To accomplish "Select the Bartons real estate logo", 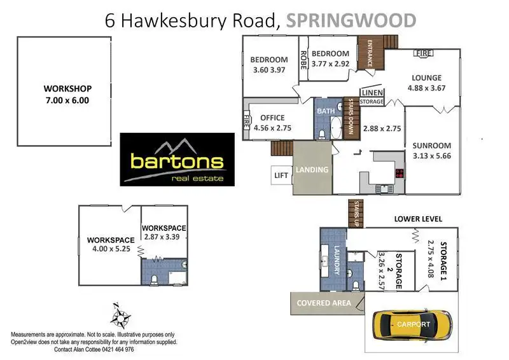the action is coord(178,160).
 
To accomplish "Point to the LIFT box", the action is coord(281,175).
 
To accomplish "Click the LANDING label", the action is coord(312,170).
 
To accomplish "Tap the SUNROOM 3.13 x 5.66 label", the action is coord(431,149).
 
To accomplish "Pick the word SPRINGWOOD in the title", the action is coord(351,20).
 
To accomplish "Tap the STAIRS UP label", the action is coord(356,214).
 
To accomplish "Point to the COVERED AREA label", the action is coord(324,303).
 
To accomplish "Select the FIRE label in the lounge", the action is coord(423,54).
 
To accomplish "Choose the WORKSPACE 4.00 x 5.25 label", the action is coord(108,245).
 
